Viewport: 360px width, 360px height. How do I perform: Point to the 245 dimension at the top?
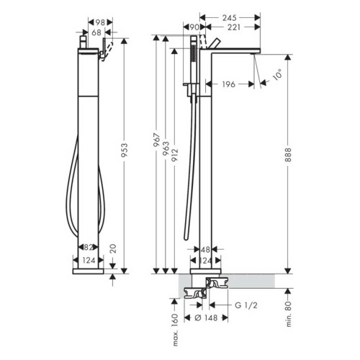230,16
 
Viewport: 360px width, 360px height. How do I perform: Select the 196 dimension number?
228,84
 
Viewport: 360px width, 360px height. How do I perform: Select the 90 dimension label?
192,27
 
